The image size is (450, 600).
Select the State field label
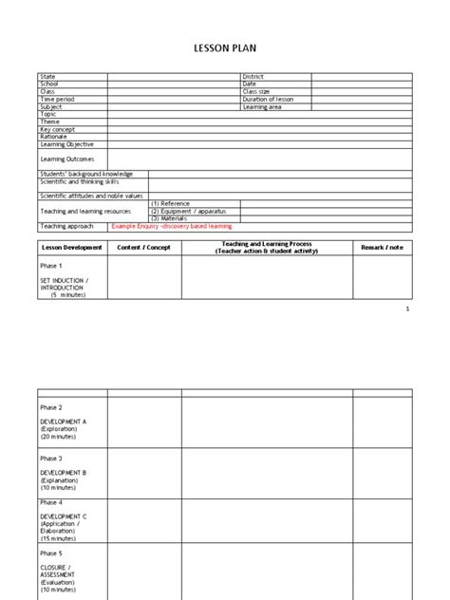(47, 77)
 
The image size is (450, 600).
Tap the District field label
(253, 77)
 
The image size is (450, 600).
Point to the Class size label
(256, 92)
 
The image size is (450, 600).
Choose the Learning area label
(263, 107)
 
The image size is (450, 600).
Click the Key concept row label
(57, 129)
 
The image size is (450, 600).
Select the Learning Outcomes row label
(66, 159)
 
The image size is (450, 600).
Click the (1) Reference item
(170, 203)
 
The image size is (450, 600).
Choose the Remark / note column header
(382, 248)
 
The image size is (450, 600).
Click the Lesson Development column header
(71, 248)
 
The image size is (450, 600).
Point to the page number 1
(407, 309)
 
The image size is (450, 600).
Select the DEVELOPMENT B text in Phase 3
(64, 472)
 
